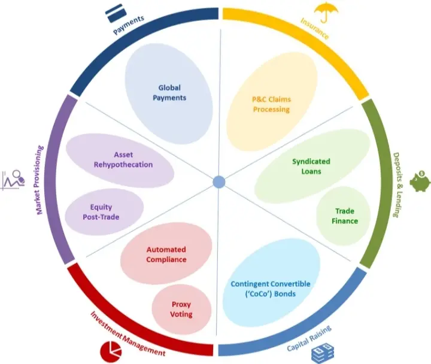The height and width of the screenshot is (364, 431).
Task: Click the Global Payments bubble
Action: [169, 93]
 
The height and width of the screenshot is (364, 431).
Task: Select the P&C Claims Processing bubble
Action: [272, 102]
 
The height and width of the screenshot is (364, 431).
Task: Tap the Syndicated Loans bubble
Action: [312, 166]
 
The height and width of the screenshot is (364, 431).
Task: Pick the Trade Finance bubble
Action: [344, 216]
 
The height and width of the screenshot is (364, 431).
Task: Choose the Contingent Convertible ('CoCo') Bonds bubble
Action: [271, 283]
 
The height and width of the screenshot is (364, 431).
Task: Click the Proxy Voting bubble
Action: [182, 310]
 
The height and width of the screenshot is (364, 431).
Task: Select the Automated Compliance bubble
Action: [166, 253]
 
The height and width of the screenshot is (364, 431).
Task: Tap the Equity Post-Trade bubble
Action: [104, 212]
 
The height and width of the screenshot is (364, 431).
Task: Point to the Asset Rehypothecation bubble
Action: [120, 160]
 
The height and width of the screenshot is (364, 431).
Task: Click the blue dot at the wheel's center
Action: [219, 182]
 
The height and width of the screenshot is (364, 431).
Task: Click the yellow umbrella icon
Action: [326, 12]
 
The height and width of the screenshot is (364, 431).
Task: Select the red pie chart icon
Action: [111, 352]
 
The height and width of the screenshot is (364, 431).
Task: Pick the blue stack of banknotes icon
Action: [323, 353]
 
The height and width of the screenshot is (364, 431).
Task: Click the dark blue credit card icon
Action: [116, 13]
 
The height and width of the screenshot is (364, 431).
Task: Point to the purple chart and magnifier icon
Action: [13, 180]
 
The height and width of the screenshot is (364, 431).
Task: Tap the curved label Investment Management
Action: [128, 333]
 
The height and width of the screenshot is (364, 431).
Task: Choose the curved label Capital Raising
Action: [309, 338]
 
